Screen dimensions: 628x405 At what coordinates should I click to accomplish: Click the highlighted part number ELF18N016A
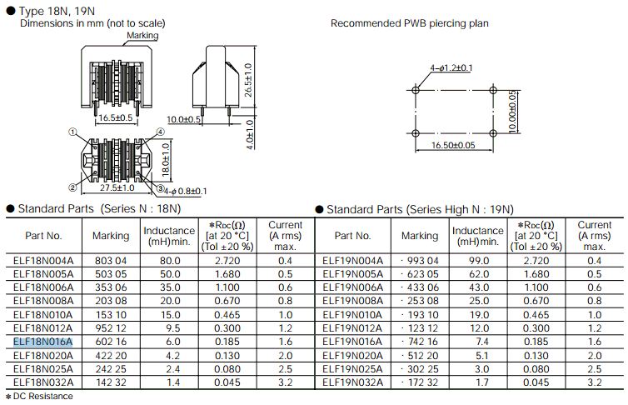click(x=42, y=342)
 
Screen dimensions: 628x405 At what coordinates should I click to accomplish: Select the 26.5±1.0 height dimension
click(x=248, y=80)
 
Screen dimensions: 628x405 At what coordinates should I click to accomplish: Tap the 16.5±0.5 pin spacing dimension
click(x=115, y=117)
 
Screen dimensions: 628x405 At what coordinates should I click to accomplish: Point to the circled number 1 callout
click(x=72, y=132)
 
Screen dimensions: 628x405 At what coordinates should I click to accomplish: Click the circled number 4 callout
click(x=160, y=132)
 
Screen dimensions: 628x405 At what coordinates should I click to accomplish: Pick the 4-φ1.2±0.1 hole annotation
click(x=451, y=68)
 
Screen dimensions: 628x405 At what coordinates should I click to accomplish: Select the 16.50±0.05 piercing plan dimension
click(x=453, y=145)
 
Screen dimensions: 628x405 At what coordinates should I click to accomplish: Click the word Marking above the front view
click(x=142, y=35)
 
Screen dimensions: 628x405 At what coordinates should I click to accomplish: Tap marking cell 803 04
click(x=111, y=261)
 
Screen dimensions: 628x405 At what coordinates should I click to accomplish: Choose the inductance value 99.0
click(x=479, y=261)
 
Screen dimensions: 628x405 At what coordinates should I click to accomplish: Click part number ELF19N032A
click(x=353, y=382)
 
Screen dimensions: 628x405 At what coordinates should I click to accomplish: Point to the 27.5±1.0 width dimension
click(x=117, y=187)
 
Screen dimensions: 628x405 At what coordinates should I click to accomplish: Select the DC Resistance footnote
click(x=39, y=396)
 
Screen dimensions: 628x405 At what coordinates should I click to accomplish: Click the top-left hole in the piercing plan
click(x=416, y=90)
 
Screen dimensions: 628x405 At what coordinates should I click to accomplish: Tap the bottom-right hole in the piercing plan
click(x=493, y=133)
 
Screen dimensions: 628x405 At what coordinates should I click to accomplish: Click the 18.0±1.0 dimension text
click(x=166, y=160)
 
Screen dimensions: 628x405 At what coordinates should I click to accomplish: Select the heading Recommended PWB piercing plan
click(x=409, y=23)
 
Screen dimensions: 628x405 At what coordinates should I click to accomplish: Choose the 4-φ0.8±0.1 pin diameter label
click(x=185, y=191)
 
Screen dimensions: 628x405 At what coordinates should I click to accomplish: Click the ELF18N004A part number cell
click(x=43, y=261)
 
